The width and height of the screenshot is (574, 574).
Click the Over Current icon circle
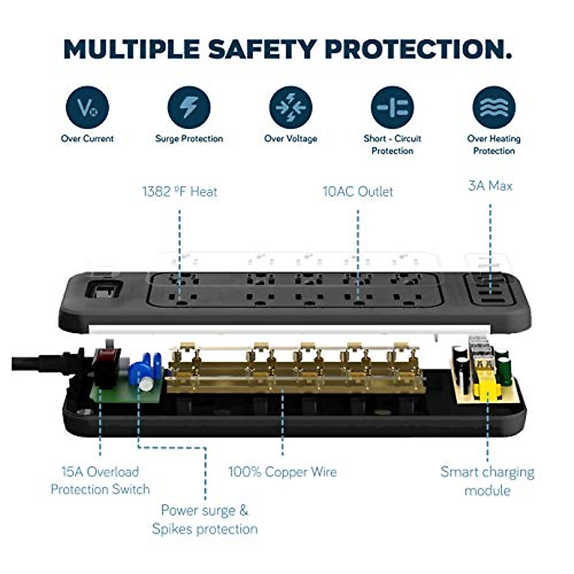pos(87,107)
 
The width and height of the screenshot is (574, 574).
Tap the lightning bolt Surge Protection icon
pos(189,107)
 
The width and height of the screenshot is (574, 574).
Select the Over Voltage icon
pos(290,107)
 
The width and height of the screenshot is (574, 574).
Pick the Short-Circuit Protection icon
pos(392,107)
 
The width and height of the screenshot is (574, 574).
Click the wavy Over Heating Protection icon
pos(494,107)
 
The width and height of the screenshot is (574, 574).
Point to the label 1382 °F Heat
pos(179,192)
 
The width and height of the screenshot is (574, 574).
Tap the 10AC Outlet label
pos(358,192)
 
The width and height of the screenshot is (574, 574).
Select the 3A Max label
pos(490,186)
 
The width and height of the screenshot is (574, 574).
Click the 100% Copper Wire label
pos(282,472)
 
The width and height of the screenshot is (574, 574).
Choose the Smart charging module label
pos(487,481)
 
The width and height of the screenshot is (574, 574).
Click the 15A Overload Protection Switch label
pos(100,480)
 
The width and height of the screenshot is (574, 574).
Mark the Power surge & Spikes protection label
pos(205,519)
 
